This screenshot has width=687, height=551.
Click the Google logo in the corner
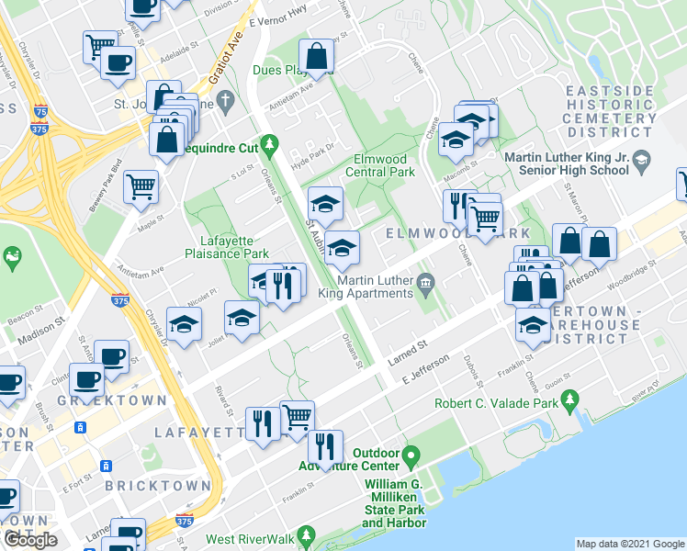(30, 539)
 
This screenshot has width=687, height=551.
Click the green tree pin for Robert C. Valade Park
(569, 399)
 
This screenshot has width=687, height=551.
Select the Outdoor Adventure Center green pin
(411, 455)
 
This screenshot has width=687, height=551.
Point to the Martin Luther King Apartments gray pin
(425, 281)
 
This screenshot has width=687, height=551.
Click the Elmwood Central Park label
(385, 165)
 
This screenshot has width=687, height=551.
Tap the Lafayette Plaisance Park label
(226, 247)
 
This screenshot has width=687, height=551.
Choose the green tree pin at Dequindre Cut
(269, 144)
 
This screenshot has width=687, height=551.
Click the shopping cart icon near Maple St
(141, 187)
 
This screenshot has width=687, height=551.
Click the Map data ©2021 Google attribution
(630, 544)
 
